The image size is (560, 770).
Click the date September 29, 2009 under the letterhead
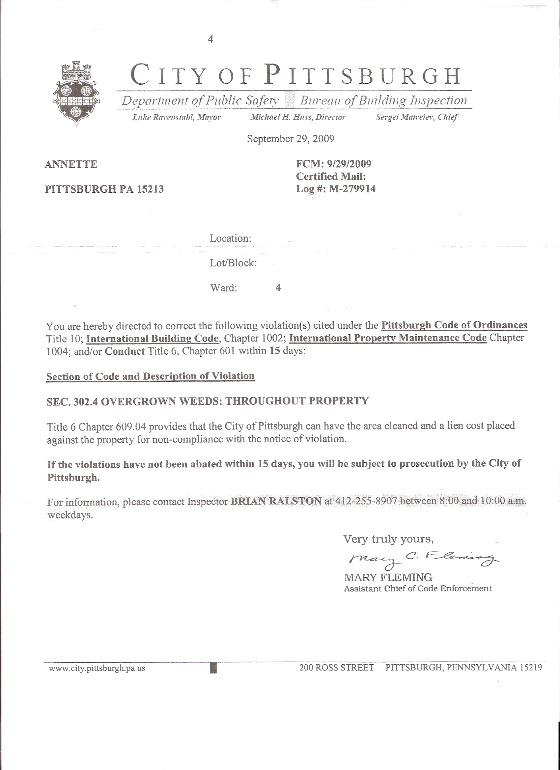(290, 139)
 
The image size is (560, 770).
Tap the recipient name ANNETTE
(71, 164)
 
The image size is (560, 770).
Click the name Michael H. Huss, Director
(297, 118)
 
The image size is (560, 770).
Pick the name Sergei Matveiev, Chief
(417, 118)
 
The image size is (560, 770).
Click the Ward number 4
(278, 288)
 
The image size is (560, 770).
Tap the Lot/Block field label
(233, 263)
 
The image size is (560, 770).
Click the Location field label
(230, 238)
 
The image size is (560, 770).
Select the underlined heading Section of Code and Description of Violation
(150, 376)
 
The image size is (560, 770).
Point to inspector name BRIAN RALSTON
(276, 501)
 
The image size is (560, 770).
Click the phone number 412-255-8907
(366, 501)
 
